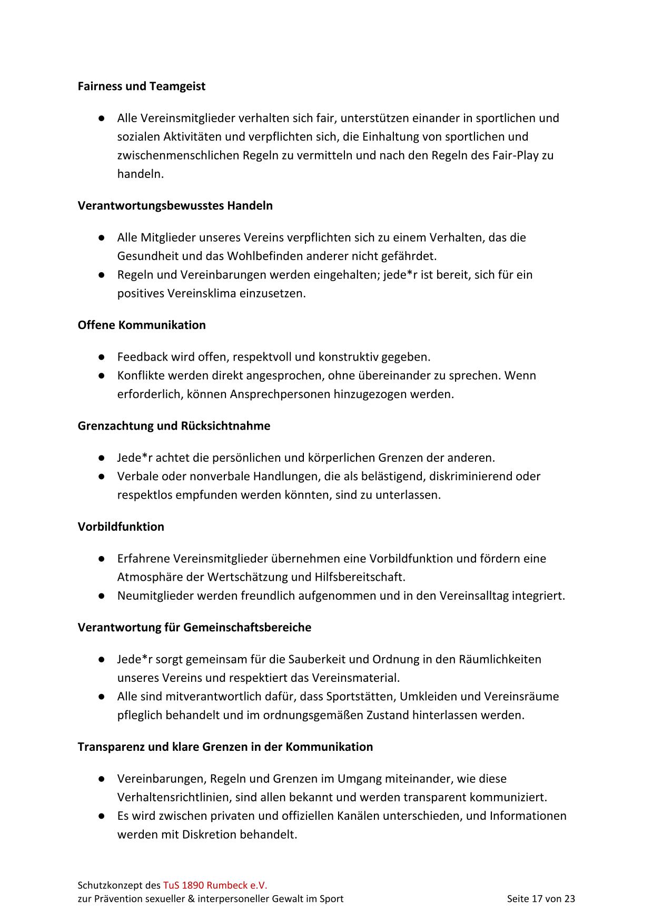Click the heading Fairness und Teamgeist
pos(141,86)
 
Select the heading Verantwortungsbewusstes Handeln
pos(175,205)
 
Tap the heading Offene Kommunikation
pos(141,325)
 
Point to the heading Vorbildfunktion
pos(121,527)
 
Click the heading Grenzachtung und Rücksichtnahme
pos(174,425)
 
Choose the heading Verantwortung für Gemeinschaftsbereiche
pos(194,627)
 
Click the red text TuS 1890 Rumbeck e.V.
pos(215,885)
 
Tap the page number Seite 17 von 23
pos(541,899)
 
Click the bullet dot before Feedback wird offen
pos(101,357)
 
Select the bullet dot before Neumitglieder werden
pos(101,596)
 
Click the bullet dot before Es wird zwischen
pos(101,816)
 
